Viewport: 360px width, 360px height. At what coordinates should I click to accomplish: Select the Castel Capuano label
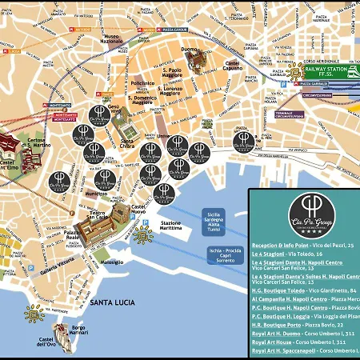click(232, 66)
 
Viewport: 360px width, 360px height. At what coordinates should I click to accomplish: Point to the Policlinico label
click(142, 83)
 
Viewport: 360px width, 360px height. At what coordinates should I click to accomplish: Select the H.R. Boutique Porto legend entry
click(297, 325)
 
